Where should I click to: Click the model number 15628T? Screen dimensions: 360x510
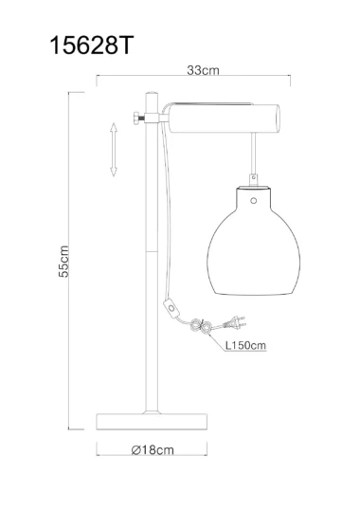(91, 46)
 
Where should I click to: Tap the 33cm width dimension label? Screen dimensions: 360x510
(203, 70)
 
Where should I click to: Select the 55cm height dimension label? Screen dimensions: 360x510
(63, 262)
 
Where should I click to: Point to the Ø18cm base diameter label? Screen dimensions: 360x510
(153, 450)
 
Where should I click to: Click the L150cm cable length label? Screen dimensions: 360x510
(245, 345)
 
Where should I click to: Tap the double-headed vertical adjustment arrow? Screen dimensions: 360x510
(114, 149)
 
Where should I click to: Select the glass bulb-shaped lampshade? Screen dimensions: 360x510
(254, 241)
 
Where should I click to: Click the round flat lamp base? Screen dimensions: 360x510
(152, 422)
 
